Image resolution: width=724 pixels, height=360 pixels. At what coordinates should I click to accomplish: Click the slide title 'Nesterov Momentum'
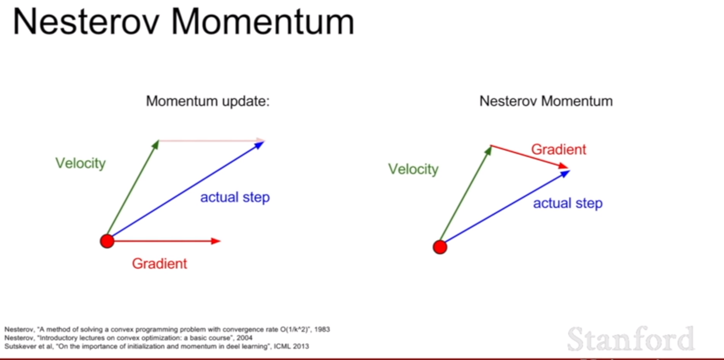point(183,22)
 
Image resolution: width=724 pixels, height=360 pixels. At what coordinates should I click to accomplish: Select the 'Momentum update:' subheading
point(208,101)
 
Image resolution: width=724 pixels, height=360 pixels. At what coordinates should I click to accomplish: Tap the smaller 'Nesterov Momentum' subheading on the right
point(546,101)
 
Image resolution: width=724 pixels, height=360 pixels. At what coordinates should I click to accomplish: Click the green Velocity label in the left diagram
point(81,163)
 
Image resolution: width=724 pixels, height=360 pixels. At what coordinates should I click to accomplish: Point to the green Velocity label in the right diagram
point(413,169)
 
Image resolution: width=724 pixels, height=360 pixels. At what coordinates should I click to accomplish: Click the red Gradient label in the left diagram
point(159,264)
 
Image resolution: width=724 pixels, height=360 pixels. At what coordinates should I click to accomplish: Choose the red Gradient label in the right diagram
point(558,150)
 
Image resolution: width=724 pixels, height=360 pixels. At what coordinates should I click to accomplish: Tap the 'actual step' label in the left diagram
point(235,198)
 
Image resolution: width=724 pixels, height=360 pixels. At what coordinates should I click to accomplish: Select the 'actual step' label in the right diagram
point(568,203)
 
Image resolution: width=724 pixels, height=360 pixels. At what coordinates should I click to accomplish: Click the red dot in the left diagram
point(107,241)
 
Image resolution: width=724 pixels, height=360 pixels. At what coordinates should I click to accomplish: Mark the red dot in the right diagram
point(440,247)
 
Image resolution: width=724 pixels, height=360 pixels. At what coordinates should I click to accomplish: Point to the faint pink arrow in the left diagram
point(212,140)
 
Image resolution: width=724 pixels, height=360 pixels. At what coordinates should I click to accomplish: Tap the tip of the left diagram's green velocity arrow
point(158,140)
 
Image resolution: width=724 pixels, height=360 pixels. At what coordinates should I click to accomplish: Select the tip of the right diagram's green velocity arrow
point(492,146)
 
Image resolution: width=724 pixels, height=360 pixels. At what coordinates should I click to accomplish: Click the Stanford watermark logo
point(630,338)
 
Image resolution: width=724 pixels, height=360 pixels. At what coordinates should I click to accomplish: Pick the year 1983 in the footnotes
point(322,330)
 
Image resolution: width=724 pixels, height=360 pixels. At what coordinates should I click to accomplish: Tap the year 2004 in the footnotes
point(244,338)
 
